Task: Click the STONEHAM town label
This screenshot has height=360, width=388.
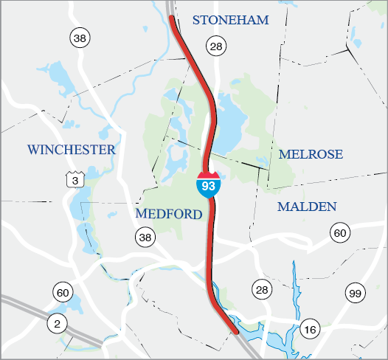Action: [x=231, y=20]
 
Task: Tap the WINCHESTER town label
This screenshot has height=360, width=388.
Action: [x=72, y=150]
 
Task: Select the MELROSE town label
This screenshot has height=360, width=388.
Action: [x=311, y=154]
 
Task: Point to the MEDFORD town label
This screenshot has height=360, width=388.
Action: [x=169, y=214]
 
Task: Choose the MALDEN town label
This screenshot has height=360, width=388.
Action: [x=307, y=207]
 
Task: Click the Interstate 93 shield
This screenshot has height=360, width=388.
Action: [x=209, y=184]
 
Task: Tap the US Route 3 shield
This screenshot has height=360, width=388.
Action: [x=73, y=179]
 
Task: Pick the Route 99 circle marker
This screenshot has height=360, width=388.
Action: [x=355, y=294]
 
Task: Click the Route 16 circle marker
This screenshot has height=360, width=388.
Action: [x=309, y=328]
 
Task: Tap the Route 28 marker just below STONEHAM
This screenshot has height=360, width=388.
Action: [x=215, y=47]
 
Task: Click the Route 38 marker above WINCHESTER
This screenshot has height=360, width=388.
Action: [x=78, y=37]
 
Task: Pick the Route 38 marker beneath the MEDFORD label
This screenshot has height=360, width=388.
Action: [x=145, y=237]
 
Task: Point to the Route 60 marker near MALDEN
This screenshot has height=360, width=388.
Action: [x=339, y=233]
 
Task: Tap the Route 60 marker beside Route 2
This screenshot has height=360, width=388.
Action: [x=62, y=293]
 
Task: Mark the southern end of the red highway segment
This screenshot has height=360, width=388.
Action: [x=237, y=332]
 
